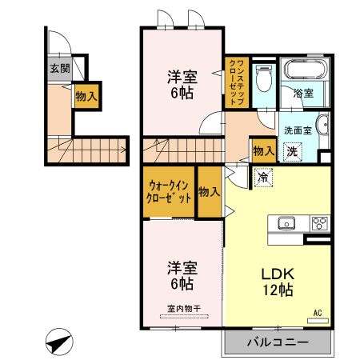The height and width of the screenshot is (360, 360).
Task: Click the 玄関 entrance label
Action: (x=60, y=69)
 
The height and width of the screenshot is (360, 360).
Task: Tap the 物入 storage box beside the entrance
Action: (x=86, y=96)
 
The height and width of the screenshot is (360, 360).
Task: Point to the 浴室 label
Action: (x=303, y=94)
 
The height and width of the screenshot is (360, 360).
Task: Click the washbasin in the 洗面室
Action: (x=321, y=126)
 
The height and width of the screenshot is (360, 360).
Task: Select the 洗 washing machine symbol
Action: (x=294, y=150)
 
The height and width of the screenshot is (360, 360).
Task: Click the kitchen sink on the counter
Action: (x=286, y=223)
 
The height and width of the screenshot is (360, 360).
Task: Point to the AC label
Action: (x=317, y=311)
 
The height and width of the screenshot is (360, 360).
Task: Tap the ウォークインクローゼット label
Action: (x=169, y=191)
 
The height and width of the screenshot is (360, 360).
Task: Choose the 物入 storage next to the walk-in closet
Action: (x=210, y=192)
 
